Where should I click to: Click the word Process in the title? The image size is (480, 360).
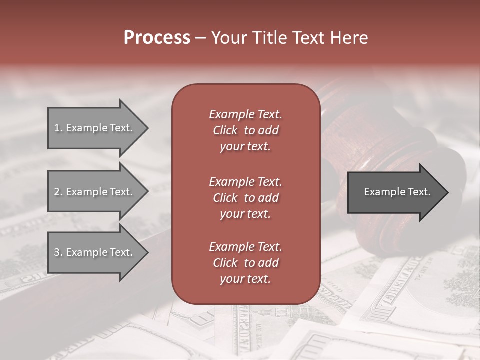157,38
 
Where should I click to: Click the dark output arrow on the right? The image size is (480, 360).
395,192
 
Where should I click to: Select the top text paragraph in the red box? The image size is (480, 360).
245,130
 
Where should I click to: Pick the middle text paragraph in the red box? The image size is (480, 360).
245,198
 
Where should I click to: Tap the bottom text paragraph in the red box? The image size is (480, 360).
245,263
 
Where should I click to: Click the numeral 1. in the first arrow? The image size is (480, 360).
58,128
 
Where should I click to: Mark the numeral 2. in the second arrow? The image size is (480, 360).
58,192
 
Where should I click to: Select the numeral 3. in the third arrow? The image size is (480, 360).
58,252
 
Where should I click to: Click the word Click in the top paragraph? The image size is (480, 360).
225,130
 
